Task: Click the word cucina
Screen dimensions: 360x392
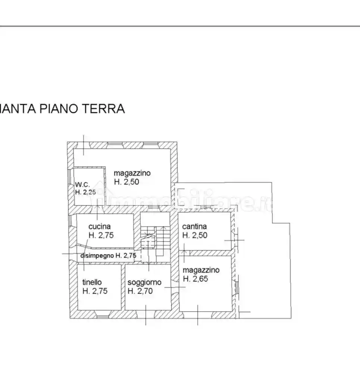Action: [100, 227]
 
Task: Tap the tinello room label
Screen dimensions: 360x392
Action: [92, 282]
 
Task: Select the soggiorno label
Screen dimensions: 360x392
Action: [144, 283]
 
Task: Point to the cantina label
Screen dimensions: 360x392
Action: [194, 227]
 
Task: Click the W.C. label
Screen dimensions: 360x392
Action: [82, 185]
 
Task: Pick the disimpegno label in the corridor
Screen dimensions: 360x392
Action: [97, 256]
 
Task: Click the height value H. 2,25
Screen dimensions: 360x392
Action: [85, 192]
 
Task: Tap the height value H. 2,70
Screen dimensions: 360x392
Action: [140, 291]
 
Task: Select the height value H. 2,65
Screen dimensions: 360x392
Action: [195, 279]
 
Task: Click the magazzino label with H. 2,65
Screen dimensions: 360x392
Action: [201, 270]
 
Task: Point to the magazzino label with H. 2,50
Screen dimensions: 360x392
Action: [132, 173]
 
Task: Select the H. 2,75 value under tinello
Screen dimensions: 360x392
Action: [95, 291]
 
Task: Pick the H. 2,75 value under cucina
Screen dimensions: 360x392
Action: [101, 235]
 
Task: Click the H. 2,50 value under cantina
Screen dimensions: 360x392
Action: [195, 235]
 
